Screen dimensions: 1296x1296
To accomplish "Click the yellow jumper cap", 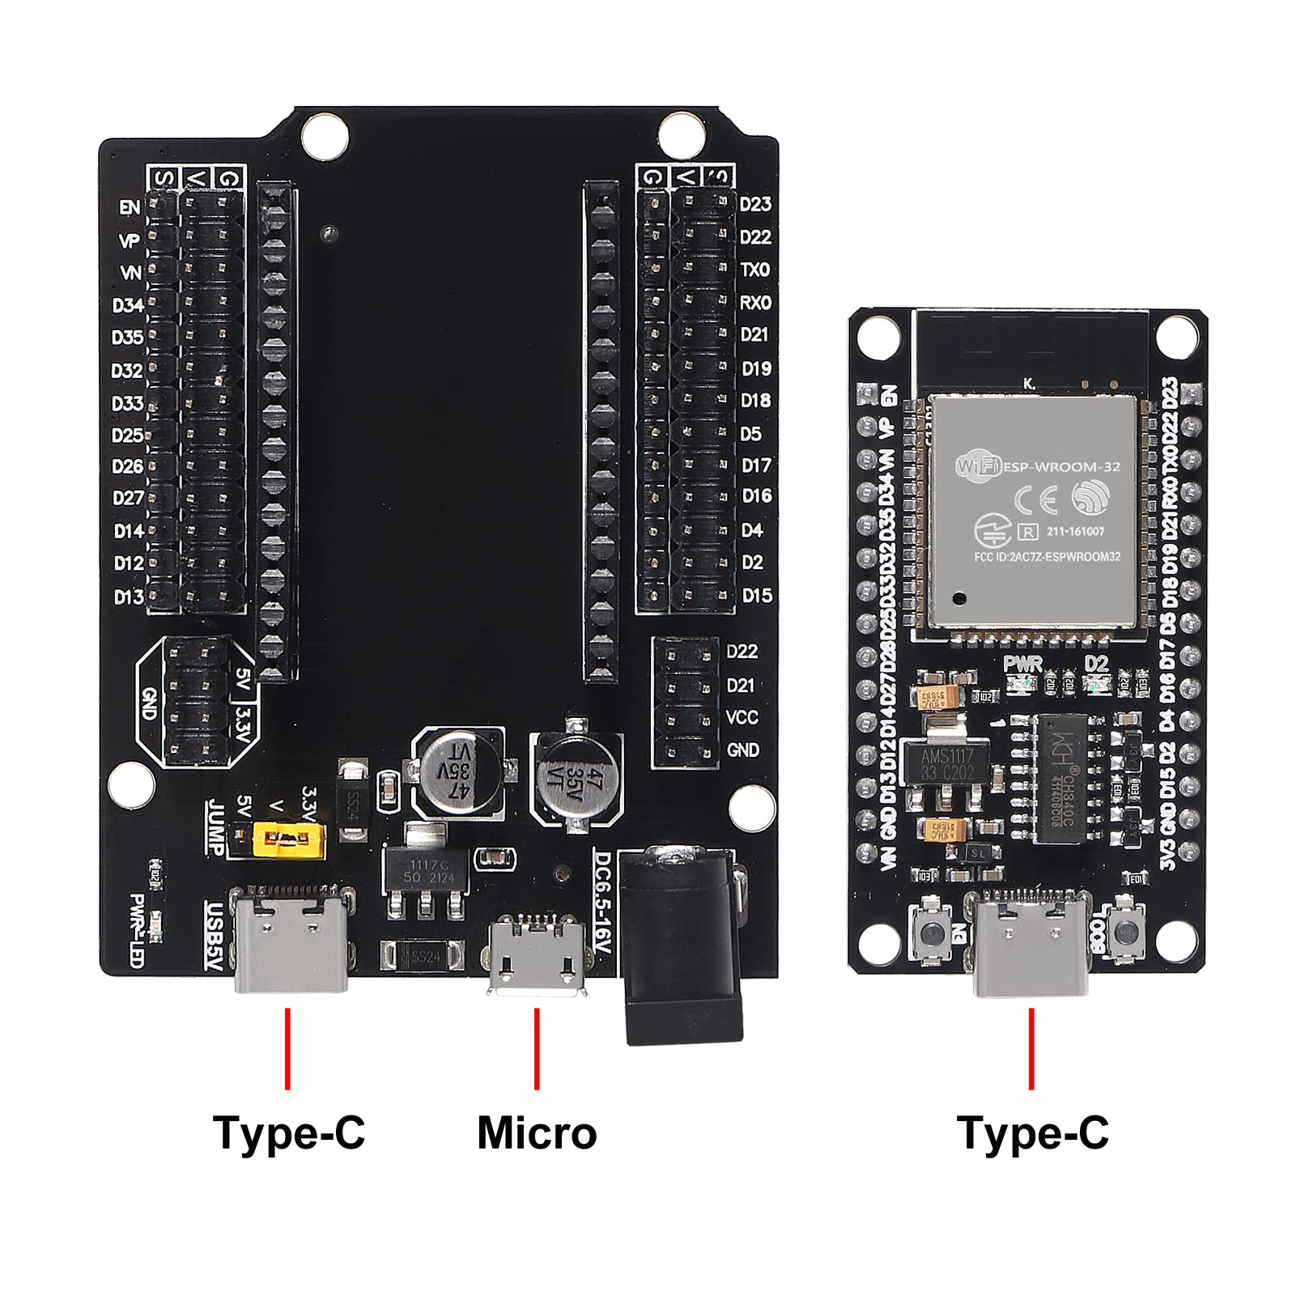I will point(289,840).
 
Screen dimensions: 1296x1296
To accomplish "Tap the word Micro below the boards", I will point(537,1132).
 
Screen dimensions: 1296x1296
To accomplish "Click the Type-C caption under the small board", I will point(1032,1132).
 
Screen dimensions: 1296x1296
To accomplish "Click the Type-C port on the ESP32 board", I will point(1031,943).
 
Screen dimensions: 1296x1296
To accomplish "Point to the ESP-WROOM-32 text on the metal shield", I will point(1061,467).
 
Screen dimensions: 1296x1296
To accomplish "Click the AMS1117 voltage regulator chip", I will point(946,763).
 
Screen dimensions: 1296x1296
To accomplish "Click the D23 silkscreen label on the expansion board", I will point(755,204).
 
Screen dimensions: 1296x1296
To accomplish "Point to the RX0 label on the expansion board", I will point(755,303).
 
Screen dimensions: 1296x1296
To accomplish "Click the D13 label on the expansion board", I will point(128,597).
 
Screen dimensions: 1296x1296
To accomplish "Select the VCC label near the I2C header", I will point(741,718).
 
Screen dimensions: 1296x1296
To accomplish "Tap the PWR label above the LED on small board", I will point(1022,664).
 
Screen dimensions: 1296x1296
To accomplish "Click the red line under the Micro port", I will point(537,1048).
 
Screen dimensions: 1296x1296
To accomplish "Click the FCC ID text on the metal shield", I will point(1047,557).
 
